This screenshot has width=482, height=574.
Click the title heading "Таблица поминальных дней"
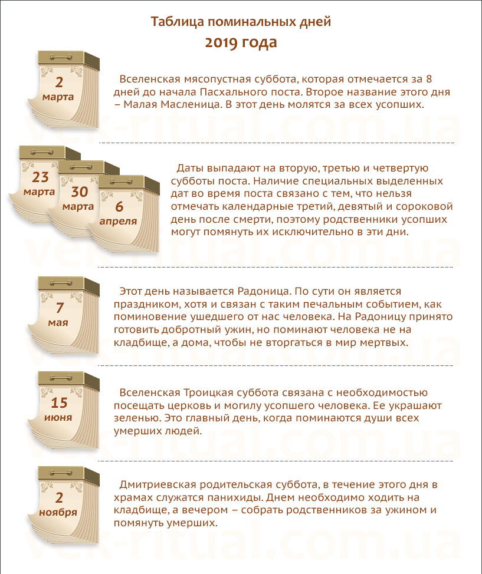(241, 22)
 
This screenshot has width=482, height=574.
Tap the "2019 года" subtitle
(241, 42)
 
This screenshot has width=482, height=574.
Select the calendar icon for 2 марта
(63, 90)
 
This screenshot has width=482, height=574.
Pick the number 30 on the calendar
(80, 192)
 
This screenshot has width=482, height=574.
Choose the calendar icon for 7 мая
(63, 315)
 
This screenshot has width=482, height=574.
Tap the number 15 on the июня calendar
(59, 403)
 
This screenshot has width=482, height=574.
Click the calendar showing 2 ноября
(63, 505)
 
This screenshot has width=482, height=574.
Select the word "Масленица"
(191, 105)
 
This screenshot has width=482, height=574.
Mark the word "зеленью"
(137, 418)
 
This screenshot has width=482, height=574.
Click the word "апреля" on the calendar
(118, 222)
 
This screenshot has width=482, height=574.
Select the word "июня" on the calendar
(58, 418)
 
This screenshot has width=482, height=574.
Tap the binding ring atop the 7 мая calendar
(61, 283)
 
